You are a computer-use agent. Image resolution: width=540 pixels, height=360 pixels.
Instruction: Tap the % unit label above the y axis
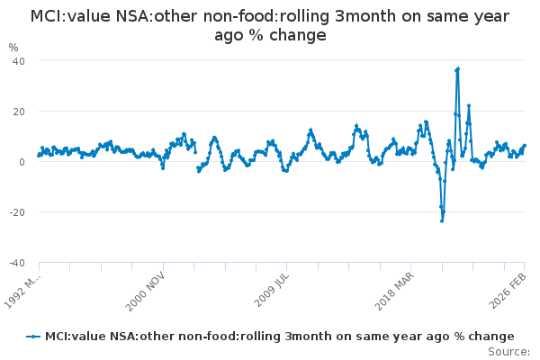point(13,47)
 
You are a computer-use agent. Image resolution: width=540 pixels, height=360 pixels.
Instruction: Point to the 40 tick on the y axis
point(18,60)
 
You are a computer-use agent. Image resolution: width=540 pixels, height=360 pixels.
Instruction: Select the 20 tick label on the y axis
point(18,111)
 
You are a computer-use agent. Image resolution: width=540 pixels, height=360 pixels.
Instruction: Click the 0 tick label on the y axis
point(21,161)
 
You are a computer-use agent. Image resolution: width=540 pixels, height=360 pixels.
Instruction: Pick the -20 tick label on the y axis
point(16,211)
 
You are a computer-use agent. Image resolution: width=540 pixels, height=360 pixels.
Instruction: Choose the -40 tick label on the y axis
point(16,262)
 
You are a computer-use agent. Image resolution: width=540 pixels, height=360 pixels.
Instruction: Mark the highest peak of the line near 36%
point(458,68)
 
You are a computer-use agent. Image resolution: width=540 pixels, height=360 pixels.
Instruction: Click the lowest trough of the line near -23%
point(442,220)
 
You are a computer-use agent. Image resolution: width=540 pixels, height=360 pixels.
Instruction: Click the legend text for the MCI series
point(279,336)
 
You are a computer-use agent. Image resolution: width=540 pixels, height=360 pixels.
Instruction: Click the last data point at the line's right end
point(525,146)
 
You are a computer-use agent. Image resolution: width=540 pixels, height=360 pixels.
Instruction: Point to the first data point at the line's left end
point(39,155)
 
